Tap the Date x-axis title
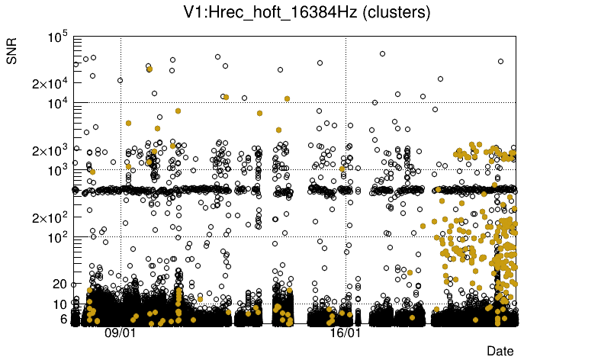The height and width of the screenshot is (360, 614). click(x=500, y=350)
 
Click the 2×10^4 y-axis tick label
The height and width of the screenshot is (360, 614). click(x=50, y=83)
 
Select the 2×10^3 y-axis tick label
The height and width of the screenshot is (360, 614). click(x=50, y=150)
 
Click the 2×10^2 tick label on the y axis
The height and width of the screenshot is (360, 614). click(x=50, y=217)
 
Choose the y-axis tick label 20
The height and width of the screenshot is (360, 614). click(x=60, y=284)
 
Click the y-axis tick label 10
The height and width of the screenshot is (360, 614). click(x=60, y=304)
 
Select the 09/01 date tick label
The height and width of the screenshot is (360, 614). click(x=120, y=333)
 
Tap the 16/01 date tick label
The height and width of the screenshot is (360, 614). click(x=345, y=333)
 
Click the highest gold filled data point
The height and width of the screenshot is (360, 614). click(x=149, y=69)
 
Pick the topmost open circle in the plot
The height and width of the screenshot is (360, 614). click(x=382, y=53)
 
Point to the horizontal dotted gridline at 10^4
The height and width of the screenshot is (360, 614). click(x=305, y=103)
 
